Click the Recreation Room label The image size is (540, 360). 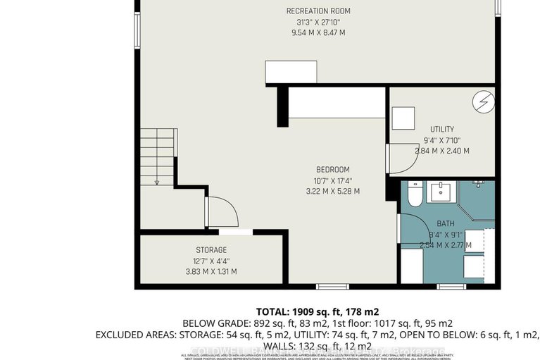[x=318, y=11]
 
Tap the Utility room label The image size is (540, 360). [x=442, y=129]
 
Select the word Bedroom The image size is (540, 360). [x=332, y=169]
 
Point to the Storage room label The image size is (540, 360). [x=211, y=250]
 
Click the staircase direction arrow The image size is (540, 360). [x=157, y=181]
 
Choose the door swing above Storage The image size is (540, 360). [x=220, y=211]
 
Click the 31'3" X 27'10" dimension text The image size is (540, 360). [x=318, y=22]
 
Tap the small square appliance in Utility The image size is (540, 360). [x=403, y=117]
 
